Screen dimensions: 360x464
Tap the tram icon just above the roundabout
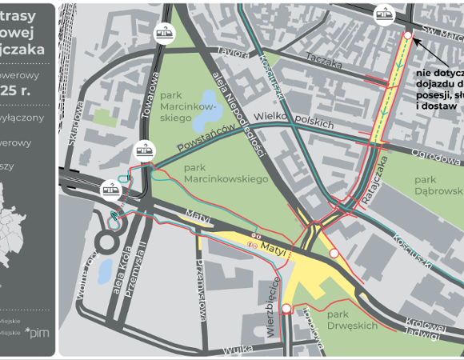(x=110, y=190)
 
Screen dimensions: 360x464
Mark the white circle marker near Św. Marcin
(x=408, y=36)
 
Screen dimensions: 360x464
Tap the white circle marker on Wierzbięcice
(x=286, y=308)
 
